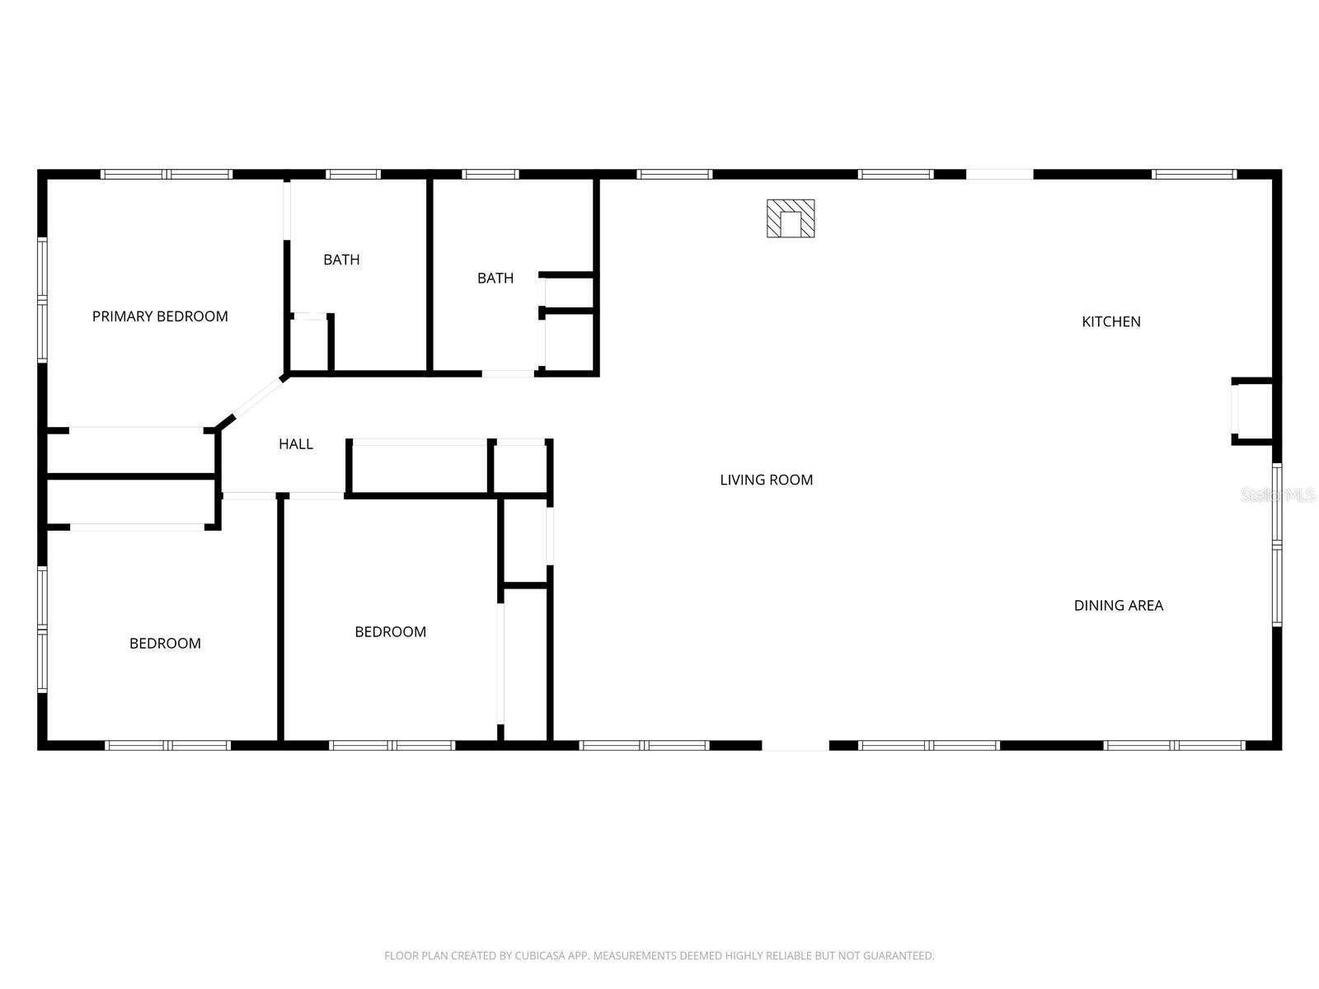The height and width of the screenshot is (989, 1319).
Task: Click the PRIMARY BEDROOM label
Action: (160, 316)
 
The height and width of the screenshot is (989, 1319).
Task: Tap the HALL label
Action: (295, 444)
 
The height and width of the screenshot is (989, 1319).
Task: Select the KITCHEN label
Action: (1110, 321)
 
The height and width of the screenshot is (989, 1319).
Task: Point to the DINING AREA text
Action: (1118, 606)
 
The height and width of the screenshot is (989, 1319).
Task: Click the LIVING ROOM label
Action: (766, 480)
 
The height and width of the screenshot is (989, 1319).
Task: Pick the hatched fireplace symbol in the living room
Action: (791, 218)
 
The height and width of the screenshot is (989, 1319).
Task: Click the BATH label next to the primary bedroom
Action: (340, 260)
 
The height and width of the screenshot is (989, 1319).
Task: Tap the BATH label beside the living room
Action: (495, 279)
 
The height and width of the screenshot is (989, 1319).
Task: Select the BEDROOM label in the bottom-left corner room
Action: (165, 644)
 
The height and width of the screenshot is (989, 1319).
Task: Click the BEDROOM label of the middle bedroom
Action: (390, 632)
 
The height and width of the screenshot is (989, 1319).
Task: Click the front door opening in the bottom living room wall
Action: (795, 745)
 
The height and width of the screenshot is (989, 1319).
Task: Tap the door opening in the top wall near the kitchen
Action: (999, 174)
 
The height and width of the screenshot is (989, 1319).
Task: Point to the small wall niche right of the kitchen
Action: (1253, 410)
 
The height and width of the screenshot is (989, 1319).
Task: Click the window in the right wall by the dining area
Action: (1276, 544)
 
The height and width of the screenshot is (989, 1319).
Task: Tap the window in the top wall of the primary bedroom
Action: (167, 174)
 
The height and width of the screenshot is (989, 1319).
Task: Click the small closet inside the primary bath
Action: (309, 345)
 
